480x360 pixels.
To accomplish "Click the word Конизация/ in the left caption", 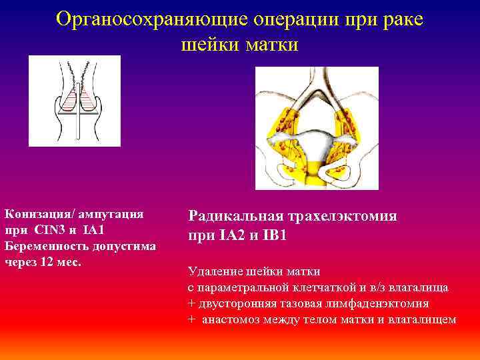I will (41, 214).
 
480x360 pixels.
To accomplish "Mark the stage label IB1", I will (274, 235).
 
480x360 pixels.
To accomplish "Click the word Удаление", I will (215, 271).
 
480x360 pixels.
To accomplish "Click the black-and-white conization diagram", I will (75, 100).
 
